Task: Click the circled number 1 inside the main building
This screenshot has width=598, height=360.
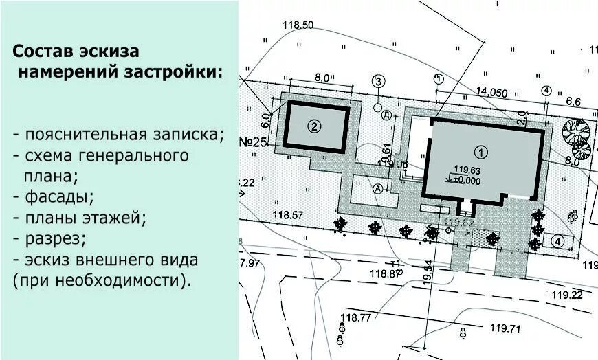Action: (481, 150)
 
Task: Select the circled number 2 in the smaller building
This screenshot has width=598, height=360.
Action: (314, 126)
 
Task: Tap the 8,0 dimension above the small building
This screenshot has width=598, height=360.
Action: (322, 78)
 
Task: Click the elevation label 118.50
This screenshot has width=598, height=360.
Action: (298, 25)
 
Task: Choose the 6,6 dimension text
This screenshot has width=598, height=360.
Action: (573, 102)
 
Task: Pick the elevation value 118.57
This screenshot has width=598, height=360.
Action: (288, 216)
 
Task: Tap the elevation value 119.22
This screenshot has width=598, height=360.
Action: (566, 295)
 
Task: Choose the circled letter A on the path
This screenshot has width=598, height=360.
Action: (377, 188)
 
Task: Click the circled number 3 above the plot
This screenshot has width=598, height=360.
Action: (379, 82)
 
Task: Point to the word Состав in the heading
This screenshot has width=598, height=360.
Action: (43, 52)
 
